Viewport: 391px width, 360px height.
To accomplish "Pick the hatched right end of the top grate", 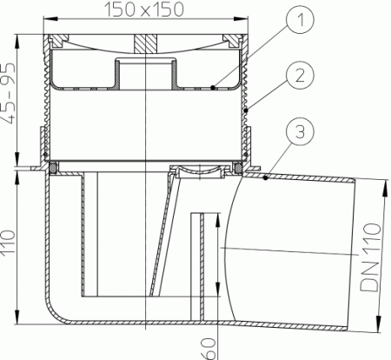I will coord(230,41).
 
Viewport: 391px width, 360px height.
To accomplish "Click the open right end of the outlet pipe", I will coord(351,253).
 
